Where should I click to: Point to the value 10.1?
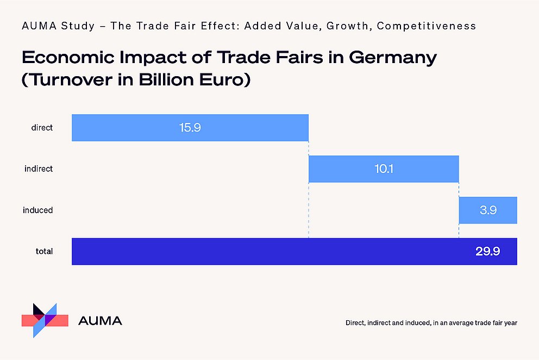point(383,169)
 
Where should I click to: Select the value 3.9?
point(488,210)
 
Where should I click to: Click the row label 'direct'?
point(42,128)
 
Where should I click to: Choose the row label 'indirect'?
point(39,169)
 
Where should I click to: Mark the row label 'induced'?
point(38,210)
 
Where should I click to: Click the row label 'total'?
point(44,251)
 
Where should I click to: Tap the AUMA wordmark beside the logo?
point(100,321)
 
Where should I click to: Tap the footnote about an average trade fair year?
point(431,323)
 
